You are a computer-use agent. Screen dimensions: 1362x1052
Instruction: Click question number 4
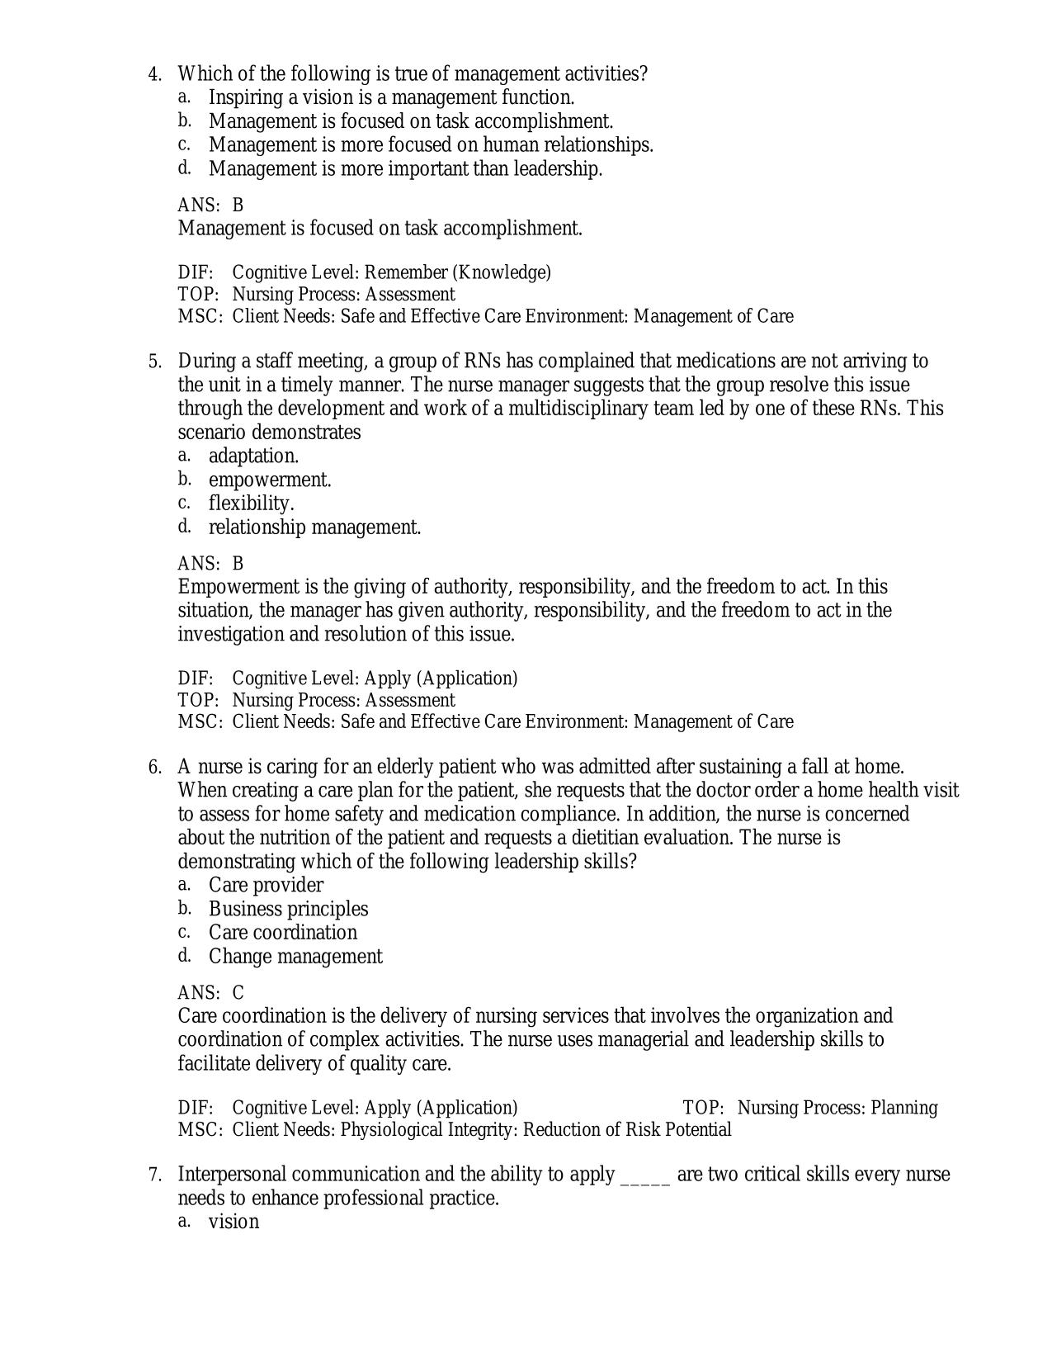(x=154, y=74)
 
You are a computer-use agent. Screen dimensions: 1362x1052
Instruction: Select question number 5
(x=154, y=362)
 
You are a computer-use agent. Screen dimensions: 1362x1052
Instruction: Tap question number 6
(x=154, y=768)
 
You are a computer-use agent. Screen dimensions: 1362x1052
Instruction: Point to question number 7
(x=154, y=1175)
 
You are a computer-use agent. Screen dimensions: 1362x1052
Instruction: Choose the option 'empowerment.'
(x=270, y=480)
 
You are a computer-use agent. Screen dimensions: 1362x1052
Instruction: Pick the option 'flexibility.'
(x=251, y=504)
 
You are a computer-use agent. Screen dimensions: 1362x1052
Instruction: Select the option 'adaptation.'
(x=253, y=456)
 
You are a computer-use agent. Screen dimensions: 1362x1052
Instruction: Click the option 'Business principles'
(x=288, y=909)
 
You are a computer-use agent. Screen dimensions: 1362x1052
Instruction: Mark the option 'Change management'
(x=295, y=957)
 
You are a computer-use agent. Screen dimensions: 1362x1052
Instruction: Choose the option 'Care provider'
(x=266, y=885)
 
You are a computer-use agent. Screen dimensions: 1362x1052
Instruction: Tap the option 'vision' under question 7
(x=234, y=1222)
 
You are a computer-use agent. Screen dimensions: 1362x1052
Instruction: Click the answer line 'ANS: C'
(x=210, y=992)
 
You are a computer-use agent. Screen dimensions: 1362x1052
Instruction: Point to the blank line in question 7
(x=644, y=1176)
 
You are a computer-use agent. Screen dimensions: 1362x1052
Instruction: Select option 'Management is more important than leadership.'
(x=405, y=169)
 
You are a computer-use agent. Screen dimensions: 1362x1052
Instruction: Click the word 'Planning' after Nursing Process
(x=904, y=1108)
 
